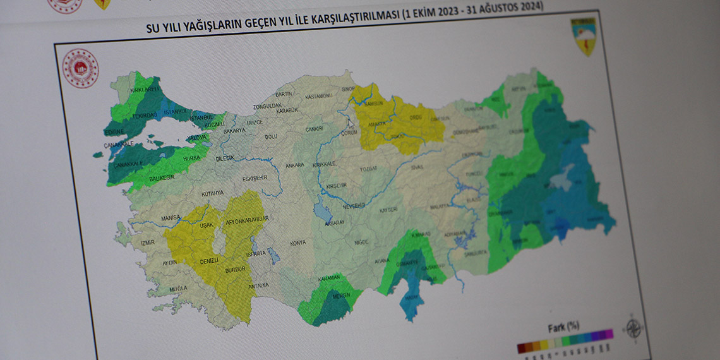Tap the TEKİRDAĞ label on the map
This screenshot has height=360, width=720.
pos(145,117)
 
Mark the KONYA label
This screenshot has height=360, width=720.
pos(297,243)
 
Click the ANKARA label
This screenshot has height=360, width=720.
pos(295,165)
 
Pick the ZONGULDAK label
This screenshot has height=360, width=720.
pos(266,106)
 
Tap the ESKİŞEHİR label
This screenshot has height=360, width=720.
pos(255,178)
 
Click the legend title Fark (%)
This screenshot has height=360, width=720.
pos(563,326)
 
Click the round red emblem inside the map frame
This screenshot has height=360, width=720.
pos(81,68)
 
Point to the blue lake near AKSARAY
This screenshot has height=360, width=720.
pos(324,213)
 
